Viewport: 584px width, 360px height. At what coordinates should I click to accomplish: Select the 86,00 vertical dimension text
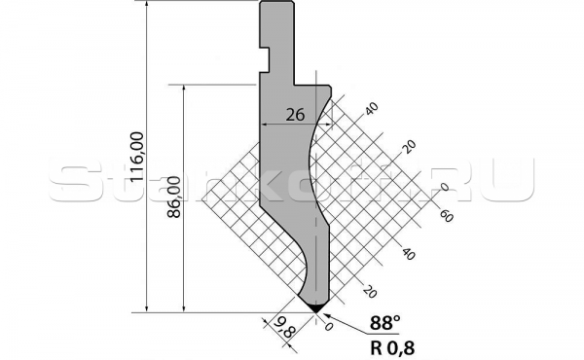173,198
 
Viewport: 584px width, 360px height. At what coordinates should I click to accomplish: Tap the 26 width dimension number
296,114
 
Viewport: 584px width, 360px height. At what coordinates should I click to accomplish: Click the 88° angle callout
385,323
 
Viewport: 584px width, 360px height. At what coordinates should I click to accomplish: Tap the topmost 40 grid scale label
370,107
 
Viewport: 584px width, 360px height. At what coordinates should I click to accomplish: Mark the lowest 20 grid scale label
370,291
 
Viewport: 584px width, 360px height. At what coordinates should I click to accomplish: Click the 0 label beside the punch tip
329,328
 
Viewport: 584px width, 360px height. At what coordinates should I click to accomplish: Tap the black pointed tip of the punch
316,308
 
